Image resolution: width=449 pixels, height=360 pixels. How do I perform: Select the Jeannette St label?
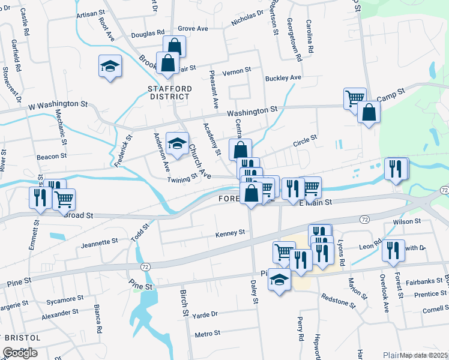(x=98, y=242)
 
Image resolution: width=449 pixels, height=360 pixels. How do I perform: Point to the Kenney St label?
(x=230, y=232)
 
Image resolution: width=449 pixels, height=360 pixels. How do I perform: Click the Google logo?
(x=20, y=353)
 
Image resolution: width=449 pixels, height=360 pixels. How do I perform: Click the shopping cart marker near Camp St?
(x=355, y=97)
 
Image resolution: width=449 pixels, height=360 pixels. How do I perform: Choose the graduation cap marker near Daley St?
(x=279, y=280)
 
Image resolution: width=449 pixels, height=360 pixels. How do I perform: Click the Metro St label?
(x=208, y=333)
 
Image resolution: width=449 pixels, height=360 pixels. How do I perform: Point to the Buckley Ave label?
(x=283, y=78)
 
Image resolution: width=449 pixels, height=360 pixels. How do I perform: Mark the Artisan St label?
(x=91, y=13)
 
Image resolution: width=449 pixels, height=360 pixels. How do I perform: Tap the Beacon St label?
(x=51, y=156)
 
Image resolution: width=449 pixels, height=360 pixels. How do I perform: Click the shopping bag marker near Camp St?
(x=369, y=112)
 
